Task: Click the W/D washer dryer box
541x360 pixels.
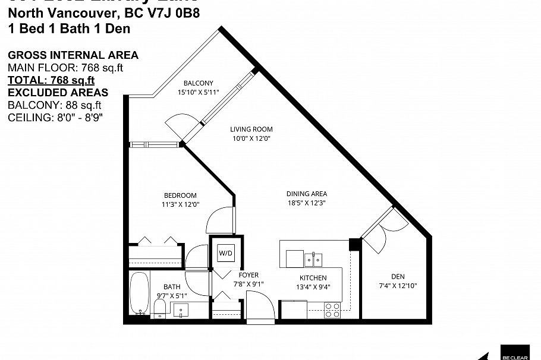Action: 226,253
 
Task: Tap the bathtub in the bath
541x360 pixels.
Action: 140,294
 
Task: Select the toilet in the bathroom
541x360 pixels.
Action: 159,307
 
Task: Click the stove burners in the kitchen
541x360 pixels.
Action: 332,309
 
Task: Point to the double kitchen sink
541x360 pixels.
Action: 313,260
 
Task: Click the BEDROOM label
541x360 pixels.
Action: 180,195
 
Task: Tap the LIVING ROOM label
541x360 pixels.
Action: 251,129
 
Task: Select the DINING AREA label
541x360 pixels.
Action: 307,194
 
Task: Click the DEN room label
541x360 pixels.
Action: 398,276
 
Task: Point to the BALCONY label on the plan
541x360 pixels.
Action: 198,83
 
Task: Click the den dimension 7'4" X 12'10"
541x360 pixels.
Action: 398,286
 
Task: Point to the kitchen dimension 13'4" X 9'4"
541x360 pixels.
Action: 313,287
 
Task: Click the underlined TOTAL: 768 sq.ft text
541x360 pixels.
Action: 51,80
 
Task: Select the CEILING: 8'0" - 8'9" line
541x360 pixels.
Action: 55,117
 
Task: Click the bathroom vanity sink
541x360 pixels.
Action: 181,309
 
